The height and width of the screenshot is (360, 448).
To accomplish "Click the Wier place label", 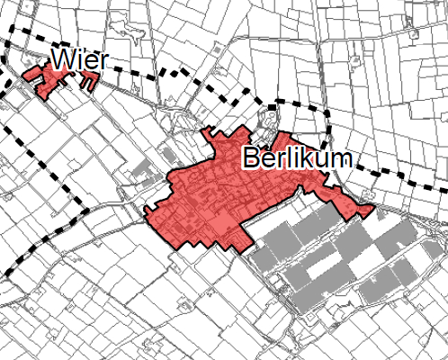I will point(80,60).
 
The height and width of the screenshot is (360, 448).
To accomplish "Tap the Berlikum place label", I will point(296,159).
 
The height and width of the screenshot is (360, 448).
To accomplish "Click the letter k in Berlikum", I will point(303,159).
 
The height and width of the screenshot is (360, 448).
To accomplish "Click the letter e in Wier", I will point(92,62).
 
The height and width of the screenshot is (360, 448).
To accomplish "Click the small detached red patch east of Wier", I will point(88,81).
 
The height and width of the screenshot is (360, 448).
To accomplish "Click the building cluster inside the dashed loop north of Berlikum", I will point(270,118).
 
